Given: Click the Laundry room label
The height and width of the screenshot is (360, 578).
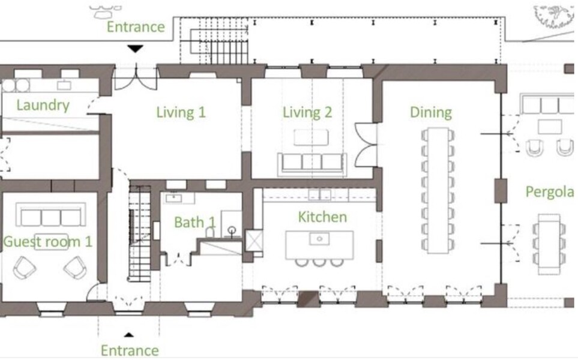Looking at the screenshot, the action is pos(43,106).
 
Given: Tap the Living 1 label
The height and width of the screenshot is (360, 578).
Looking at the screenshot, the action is pos(181,112).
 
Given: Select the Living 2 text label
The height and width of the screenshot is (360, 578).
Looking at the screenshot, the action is pos(307,112).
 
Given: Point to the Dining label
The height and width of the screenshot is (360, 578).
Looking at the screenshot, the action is pos(430,112).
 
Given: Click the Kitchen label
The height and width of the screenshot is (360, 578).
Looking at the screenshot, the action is pos(322,217).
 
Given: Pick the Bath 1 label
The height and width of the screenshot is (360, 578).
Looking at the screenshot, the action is pos(194,222).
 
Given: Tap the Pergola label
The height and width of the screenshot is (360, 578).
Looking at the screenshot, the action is pos(550,192).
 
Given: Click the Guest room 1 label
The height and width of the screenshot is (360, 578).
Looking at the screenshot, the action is pos(47,242).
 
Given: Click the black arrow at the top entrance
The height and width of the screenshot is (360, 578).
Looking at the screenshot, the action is pos(135,49).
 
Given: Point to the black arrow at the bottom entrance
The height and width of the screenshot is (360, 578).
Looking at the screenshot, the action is pos(128,335).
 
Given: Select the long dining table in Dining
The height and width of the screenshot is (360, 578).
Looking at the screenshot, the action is pos(438,191).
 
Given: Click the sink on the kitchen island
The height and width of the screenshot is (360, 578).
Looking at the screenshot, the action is pos(319,239).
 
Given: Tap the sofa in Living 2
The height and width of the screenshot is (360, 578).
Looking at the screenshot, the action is pos(312,163).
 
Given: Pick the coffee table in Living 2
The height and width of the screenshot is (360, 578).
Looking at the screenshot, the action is pos(311,137).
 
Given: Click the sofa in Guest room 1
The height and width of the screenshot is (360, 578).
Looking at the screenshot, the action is pos(51,215).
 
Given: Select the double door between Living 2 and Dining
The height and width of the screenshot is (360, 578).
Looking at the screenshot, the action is pos(366,145).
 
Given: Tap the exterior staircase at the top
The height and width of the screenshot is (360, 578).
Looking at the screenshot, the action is pos(219,46).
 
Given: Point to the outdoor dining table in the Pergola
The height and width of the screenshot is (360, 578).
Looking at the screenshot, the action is pos(549,244).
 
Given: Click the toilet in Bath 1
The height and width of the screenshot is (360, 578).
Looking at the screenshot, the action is pos(209,232).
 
